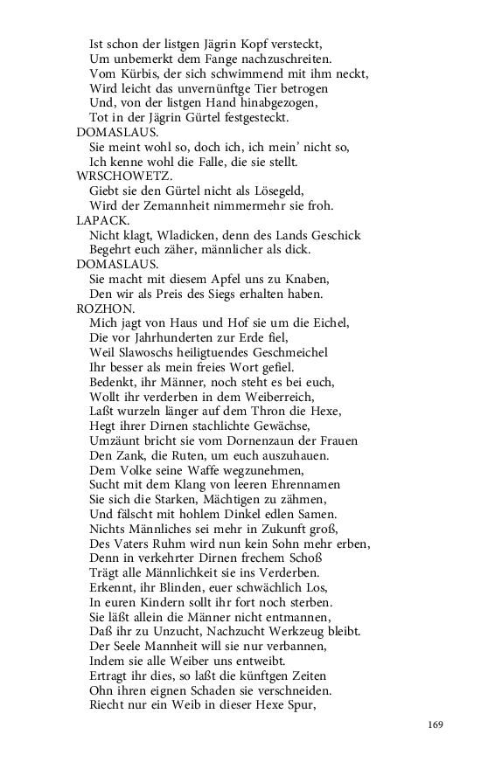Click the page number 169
click(x=437, y=724)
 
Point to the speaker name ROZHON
click(x=105, y=308)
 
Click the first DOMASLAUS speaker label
click(x=117, y=132)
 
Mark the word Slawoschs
click(x=156, y=352)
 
